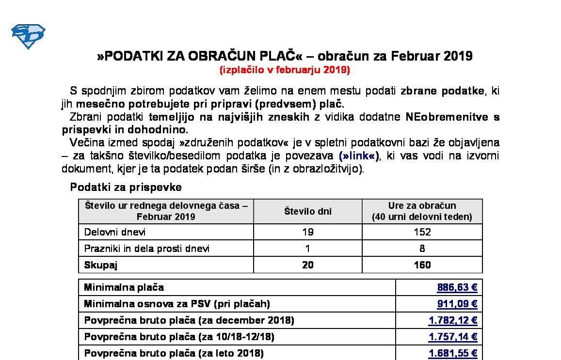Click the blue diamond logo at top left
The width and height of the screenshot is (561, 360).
pyautogui.click(x=28, y=36)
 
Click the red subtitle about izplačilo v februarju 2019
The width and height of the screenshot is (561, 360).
pyautogui.click(x=285, y=70)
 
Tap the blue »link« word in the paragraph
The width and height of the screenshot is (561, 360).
pyautogui.click(x=359, y=156)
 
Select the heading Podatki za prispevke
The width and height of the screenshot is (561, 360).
pyautogui.click(x=126, y=187)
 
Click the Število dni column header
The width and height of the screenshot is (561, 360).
pyautogui.click(x=307, y=211)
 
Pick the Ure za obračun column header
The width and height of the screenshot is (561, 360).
pyautogui.click(x=422, y=211)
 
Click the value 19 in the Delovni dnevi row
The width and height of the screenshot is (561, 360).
pyautogui.click(x=307, y=232)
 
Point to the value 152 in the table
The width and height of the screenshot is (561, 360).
pyautogui.click(x=422, y=232)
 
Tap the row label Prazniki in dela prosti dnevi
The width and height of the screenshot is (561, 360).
pyautogui.click(x=147, y=249)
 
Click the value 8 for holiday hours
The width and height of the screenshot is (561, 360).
pyautogui.click(x=422, y=249)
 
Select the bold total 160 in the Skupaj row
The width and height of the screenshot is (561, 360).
pyautogui.click(x=422, y=265)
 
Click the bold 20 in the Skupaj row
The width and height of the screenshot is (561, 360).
pyautogui.click(x=307, y=265)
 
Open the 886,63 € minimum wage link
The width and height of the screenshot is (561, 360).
pyautogui.click(x=457, y=287)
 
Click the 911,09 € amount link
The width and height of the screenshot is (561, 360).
pyautogui.click(x=457, y=304)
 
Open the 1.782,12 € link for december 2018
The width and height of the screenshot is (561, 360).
pyautogui.click(x=453, y=320)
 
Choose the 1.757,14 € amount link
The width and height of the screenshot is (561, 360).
pyautogui.click(x=453, y=337)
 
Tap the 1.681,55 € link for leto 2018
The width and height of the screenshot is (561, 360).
pyautogui.click(x=453, y=353)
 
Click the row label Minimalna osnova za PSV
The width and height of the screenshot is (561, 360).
pyautogui.click(x=177, y=304)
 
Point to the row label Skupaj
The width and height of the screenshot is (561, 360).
pyautogui.click(x=101, y=265)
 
